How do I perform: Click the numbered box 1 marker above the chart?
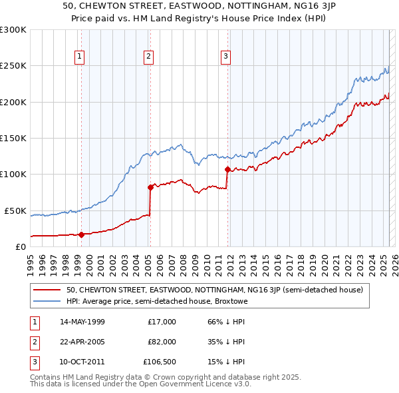79,57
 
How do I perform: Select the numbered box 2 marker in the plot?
148,57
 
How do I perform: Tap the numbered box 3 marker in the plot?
226,57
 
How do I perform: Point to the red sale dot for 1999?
81,234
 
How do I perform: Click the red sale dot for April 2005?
150,187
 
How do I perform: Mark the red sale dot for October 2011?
227,169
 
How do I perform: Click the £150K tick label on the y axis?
13,138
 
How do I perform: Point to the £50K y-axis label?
15,210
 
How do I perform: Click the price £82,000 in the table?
162,342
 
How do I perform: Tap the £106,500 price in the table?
159,362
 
